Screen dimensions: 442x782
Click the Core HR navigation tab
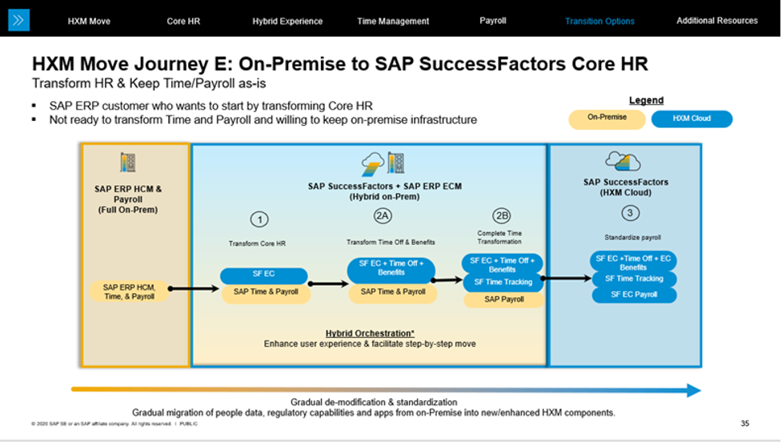(183, 21)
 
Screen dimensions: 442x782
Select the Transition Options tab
(600, 21)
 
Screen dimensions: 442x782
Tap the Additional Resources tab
(716, 21)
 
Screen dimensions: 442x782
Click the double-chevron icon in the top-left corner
(18, 20)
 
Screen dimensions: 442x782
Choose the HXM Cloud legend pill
(692, 119)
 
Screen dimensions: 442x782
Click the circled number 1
(258, 219)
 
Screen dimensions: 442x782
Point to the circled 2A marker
(383, 215)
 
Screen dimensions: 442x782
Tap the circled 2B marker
(502, 215)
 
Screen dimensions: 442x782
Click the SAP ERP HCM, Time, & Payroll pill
(129, 291)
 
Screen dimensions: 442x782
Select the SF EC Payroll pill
(634, 295)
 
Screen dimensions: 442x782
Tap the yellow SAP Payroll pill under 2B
(504, 299)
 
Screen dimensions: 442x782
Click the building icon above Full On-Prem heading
(127, 163)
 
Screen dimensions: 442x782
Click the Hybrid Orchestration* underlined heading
(369, 333)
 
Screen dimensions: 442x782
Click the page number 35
(745, 423)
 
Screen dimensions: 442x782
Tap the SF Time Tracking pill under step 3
(634, 279)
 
